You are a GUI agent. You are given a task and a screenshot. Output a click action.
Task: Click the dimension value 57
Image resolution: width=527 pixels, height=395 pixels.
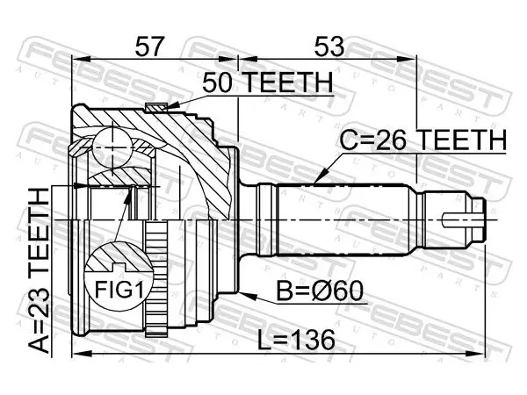pyautogui.click(x=149, y=47)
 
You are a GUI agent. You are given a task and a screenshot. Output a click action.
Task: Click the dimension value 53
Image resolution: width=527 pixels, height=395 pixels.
pyautogui.click(x=329, y=47)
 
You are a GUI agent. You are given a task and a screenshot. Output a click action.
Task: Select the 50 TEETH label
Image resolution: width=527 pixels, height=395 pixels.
pyautogui.click(x=268, y=83)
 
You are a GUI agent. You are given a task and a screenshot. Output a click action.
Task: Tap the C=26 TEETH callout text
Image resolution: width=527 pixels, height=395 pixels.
pyautogui.click(x=422, y=140)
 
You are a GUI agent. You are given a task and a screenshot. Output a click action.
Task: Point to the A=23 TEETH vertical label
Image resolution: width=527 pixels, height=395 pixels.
pyautogui.click(x=39, y=270)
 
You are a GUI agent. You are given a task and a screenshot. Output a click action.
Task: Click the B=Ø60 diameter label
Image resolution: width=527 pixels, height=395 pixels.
pyautogui.click(x=320, y=291)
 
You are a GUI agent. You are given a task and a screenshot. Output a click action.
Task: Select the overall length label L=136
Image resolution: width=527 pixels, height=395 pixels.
pyautogui.click(x=296, y=340)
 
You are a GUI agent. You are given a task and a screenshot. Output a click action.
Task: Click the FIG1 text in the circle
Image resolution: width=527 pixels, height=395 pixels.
pyautogui.click(x=119, y=290)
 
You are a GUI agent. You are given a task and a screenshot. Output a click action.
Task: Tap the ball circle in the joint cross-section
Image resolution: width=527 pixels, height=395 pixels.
pyautogui.click(x=112, y=147)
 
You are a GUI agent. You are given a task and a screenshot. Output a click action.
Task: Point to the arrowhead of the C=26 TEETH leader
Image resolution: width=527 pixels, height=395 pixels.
pyautogui.click(x=320, y=176)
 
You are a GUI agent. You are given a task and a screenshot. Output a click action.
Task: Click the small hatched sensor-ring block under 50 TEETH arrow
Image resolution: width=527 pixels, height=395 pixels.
pyautogui.click(x=156, y=107)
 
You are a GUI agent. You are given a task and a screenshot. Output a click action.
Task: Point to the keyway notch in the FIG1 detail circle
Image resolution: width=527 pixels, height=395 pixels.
pyautogui.click(x=119, y=268)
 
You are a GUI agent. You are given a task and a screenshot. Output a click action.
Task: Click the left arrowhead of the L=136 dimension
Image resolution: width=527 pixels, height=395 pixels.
pyautogui.click(x=82, y=354)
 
